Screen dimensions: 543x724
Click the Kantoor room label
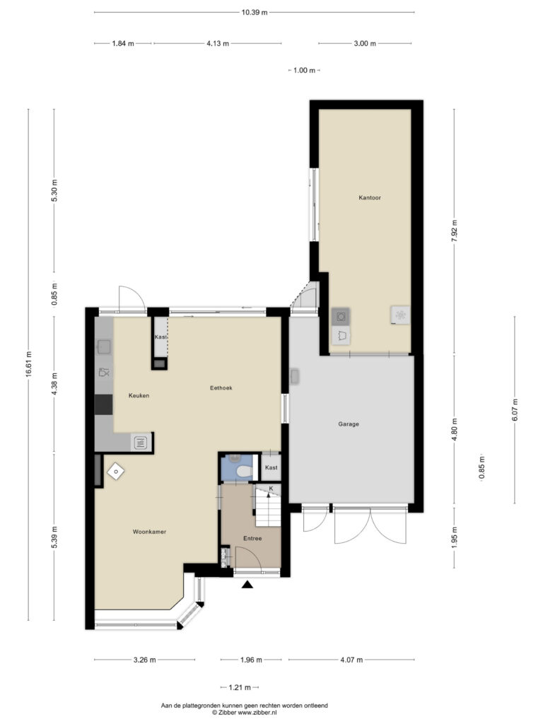(369, 198)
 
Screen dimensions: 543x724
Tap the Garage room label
(348, 424)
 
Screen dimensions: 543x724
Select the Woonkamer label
(149, 532)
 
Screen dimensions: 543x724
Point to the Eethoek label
(221, 388)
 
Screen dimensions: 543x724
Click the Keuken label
(139, 396)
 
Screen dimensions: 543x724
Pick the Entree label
(252, 538)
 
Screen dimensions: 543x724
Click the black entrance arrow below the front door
(248, 585)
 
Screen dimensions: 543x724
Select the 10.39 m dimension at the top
(255, 13)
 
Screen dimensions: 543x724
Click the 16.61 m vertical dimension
(28, 365)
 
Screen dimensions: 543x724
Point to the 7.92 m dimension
(454, 232)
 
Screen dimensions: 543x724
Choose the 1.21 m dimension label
(240, 687)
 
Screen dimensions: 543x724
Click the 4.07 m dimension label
(351, 660)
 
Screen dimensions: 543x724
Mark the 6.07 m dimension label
(515, 409)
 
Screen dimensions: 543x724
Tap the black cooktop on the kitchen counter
(103, 405)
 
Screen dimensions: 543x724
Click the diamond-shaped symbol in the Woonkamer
(115, 472)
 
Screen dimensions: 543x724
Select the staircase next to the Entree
(268, 505)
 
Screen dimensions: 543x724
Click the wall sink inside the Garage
(294, 376)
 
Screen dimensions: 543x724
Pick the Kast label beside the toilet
(271, 468)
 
